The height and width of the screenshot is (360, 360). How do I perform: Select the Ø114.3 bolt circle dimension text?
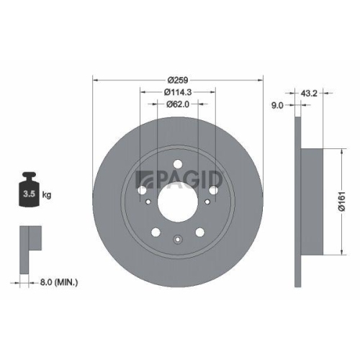point(177,93)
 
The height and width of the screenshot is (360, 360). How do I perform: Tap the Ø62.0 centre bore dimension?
point(177,105)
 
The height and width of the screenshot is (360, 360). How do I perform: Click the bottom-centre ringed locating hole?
point(177,240)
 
